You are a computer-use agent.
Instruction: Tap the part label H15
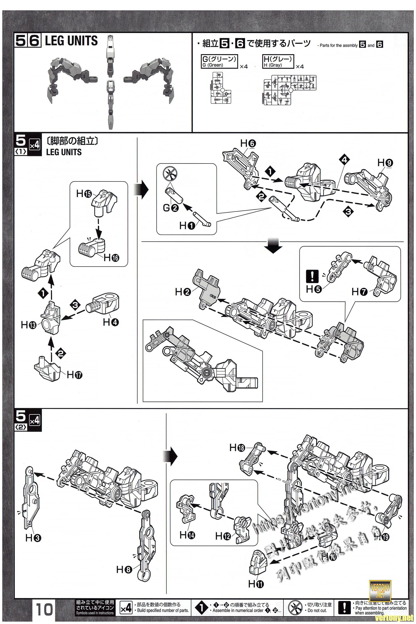(84, 194)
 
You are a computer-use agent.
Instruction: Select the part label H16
(112, 257)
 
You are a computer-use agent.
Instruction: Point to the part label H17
(75, 375)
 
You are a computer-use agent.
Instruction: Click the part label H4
(111, 322)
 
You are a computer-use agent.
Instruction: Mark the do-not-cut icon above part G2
(170, 174)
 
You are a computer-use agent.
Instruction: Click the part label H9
(385, 163)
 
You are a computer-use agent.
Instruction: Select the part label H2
(183, 292)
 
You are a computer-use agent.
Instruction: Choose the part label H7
(360, 292)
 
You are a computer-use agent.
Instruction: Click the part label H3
(33, 538)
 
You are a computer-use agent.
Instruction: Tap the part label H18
(237, 448)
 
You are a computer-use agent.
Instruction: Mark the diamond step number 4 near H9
(344, 160)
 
